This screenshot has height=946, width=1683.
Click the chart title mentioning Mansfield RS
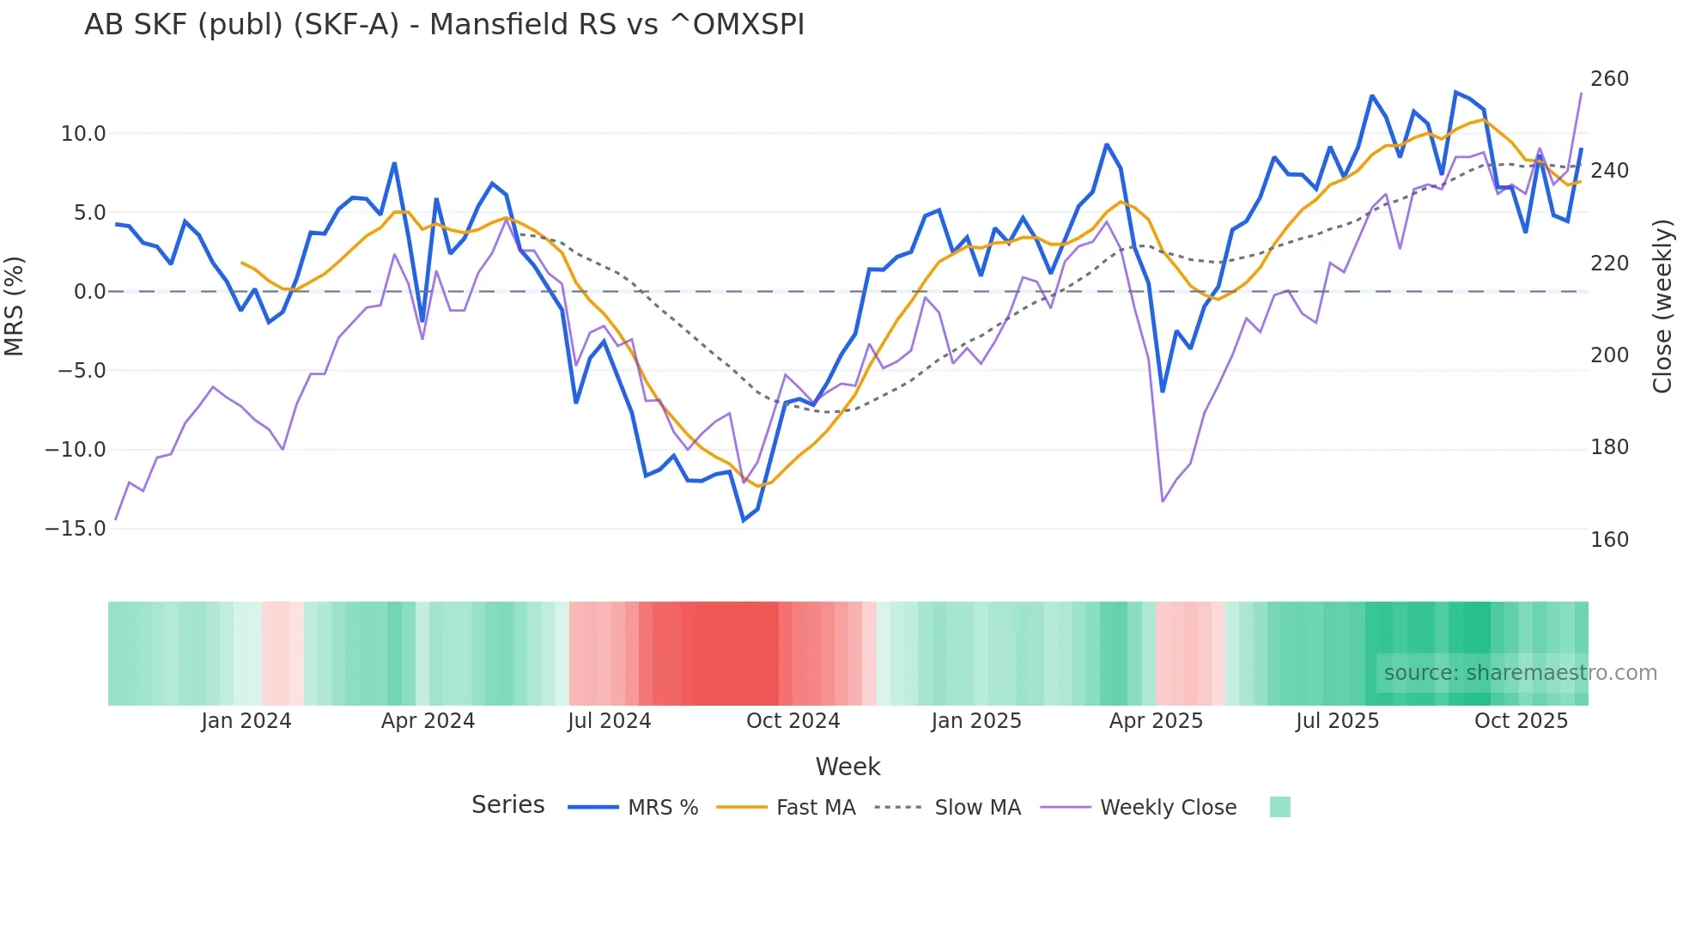(444, 25)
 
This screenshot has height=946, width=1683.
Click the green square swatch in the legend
(1279, 807)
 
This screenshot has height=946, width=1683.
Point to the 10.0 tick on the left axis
(83, 134)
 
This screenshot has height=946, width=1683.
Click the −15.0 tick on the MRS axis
(76, 529)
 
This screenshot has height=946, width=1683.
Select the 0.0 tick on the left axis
(89, 292)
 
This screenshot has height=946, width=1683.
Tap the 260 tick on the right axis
(1609, 79)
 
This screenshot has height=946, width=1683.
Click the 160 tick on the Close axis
(1609, 540)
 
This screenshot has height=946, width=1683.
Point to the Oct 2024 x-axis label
(793, 721)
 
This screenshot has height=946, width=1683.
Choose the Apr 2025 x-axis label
(1156, 721)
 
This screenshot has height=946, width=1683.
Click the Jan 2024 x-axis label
(246, 721)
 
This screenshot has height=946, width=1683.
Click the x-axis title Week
(848, 767)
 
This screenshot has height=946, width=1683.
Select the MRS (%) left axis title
(14, 306)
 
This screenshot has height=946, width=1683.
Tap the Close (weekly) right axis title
(1663, 306)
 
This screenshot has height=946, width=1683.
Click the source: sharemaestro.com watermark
(1520, 673)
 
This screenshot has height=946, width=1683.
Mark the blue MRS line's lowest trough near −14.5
(744, 520)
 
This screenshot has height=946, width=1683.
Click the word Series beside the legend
(507, 805)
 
